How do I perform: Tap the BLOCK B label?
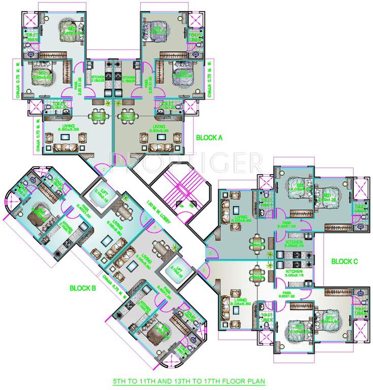click(x=83, y=288)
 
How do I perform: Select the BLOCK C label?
click(x=345, y=262)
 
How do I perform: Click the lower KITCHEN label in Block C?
click(x=294, y=272)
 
